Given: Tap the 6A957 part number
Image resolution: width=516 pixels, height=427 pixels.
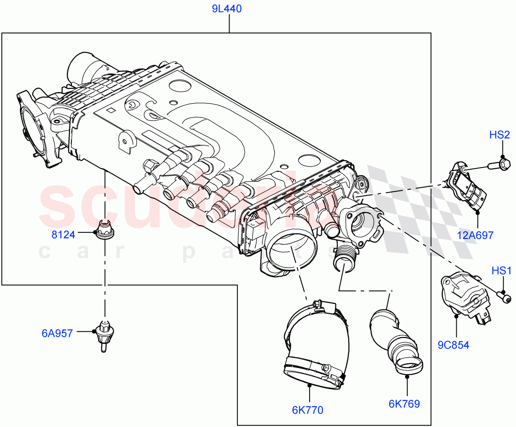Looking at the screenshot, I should (x=57, y=333).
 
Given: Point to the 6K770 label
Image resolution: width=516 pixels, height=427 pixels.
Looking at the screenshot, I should (x=307, y=410).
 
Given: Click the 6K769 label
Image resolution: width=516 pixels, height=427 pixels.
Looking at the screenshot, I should (x=404, y=404).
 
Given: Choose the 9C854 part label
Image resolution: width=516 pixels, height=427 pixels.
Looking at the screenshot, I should (x=454, y=345).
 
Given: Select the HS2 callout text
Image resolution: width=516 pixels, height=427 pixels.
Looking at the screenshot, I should (x=500, y=135).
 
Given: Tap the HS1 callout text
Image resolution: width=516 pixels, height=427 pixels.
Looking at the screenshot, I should (x=501, y=271).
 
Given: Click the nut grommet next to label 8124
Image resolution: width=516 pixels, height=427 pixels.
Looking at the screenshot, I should (x=104, y=229).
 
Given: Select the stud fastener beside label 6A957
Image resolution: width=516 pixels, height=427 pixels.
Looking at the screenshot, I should (x=104, y=335).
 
